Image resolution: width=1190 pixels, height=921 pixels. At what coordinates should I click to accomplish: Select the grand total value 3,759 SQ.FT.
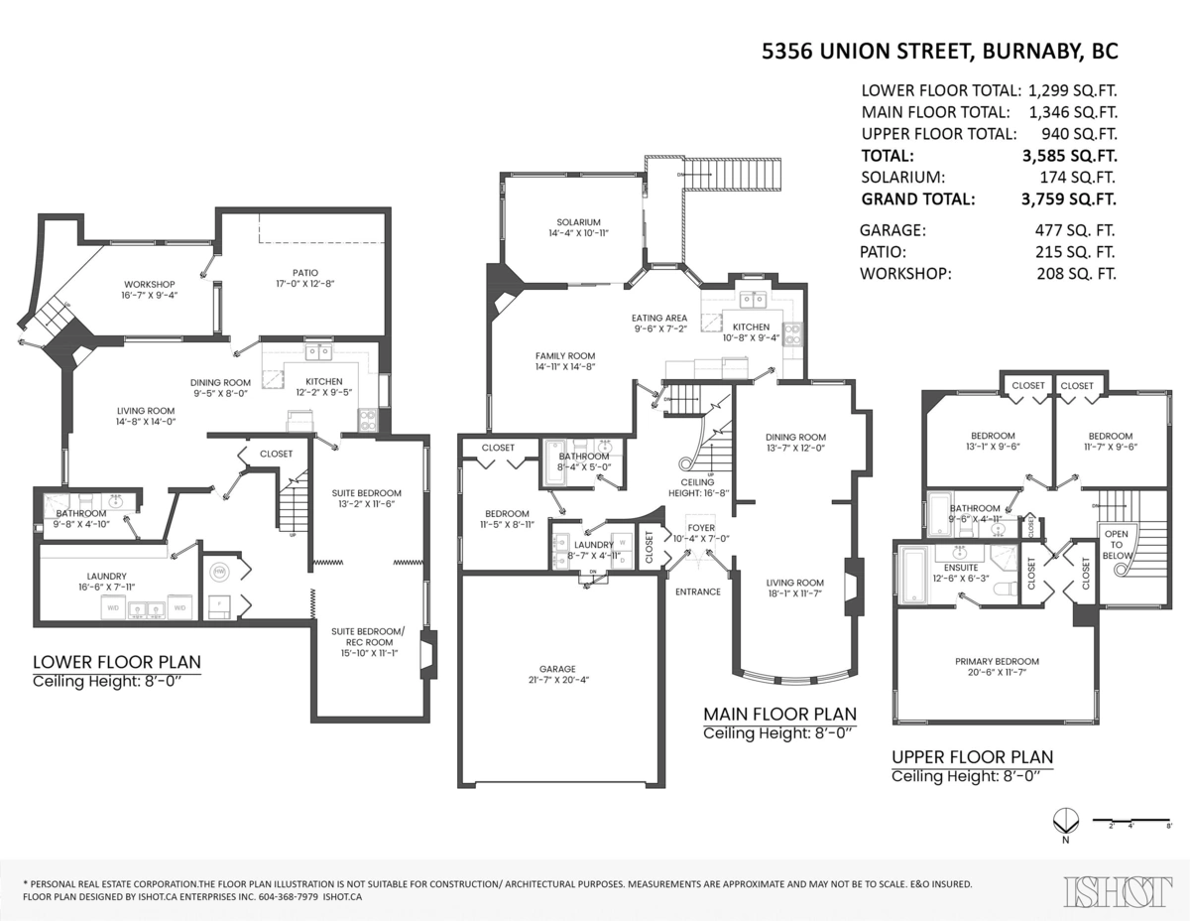(x=1067, y=198)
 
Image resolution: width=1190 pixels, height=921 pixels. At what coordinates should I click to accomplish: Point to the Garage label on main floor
(x=557, y=669)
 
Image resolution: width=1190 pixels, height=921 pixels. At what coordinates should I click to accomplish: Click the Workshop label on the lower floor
(x=149, y=285)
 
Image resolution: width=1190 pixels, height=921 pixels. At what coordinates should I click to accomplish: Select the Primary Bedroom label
(x=997, y=662)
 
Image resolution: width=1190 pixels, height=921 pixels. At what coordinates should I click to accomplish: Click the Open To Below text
(x=1116, y=545)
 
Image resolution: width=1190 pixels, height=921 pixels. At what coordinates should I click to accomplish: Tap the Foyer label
(x=701, y=528)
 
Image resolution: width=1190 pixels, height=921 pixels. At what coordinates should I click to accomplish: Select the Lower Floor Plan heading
(x=117, y=662)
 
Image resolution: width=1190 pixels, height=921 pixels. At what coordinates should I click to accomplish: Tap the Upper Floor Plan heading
(x=972, y=757)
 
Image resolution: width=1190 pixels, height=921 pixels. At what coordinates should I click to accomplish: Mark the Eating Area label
(x=660, y=319)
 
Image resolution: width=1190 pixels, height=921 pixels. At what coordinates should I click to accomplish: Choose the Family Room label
(x=564, y=356)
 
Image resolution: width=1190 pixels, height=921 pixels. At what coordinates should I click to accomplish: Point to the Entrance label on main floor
(x=698, y=592)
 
